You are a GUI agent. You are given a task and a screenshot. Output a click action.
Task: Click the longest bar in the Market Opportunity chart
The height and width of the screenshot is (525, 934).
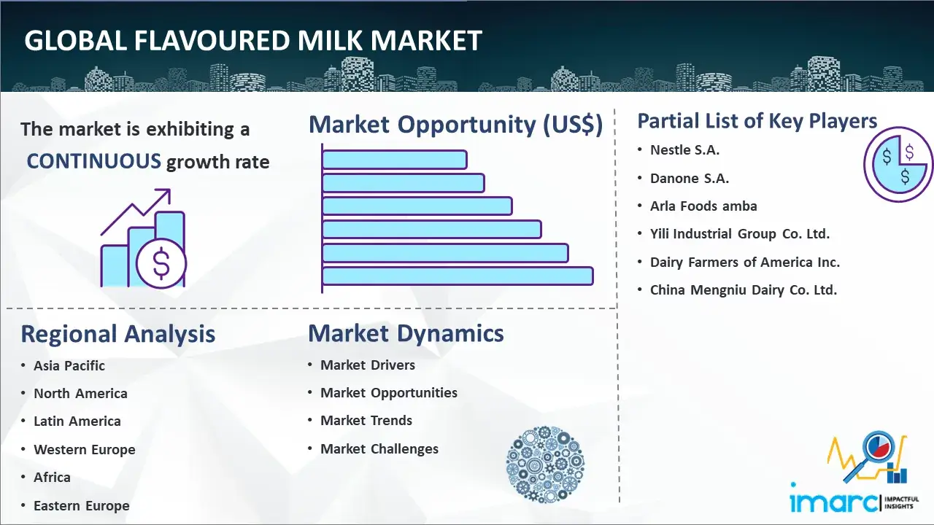[x=458, y=276]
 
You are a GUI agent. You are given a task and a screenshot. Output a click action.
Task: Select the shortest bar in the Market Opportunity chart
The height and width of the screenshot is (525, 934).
[x=395, y=160]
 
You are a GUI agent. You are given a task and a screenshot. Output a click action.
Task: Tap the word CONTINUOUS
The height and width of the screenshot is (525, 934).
[x=94, y=161]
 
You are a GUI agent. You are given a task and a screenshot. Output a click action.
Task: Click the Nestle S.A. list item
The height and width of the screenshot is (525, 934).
[x=684, y=150]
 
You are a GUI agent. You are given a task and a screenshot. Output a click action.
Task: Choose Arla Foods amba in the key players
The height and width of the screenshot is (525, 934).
[x=703, y=206]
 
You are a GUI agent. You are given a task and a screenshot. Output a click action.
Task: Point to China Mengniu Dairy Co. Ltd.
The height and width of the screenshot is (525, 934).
[x=744, y=289]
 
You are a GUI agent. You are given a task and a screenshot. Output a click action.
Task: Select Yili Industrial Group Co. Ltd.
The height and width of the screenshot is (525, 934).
[x=740, y=234]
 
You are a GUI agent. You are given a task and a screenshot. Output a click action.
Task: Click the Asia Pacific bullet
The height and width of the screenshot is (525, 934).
[x=69, y=365]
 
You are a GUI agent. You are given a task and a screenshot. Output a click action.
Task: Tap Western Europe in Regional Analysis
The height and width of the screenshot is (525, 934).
[x=85, y=450]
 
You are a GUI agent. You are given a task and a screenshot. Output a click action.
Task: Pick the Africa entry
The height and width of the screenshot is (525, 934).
[x=52, y=477]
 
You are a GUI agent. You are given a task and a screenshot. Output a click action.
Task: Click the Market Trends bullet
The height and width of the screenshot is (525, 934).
[x=366, y=421]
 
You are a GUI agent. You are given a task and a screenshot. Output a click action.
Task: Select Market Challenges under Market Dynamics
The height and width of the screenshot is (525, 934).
[x=379, y=448]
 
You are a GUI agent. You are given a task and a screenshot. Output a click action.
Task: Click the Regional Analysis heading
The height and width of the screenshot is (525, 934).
[x=118, y=334]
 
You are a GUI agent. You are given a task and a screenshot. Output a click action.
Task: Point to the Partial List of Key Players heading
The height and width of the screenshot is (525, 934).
[x=757, y=121]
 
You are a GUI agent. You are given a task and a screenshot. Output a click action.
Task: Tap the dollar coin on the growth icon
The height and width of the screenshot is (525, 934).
[x=161, y=263]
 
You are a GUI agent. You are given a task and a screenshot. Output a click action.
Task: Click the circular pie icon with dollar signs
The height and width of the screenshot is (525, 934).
[x=898, y=165]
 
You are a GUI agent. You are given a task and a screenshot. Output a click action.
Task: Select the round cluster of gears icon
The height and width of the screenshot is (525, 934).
[x=545, y=464]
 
